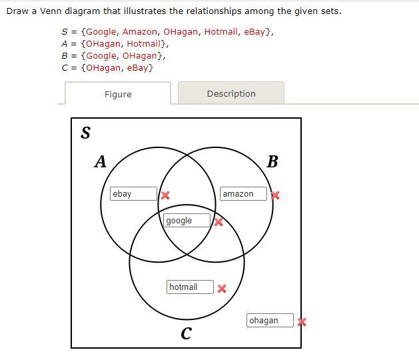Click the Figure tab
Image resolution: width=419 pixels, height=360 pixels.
click(118, 94)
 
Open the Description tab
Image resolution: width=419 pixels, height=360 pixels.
click(231, 93)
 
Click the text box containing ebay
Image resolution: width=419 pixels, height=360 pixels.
click(133, 194)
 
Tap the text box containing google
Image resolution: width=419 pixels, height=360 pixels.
click(187, 221)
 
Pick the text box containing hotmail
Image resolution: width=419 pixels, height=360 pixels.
click(191, 287)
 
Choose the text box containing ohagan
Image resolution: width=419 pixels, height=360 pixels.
click(270, 321)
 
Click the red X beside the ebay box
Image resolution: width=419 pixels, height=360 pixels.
click(165, 195)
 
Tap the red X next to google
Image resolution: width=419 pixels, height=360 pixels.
click(218, 222)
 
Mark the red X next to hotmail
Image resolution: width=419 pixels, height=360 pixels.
click(222, 289)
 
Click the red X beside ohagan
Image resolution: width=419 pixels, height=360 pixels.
click(302, 322)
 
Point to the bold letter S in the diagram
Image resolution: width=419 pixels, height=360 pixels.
click(85, 133)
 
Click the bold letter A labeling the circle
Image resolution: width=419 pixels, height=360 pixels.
click(101, 161)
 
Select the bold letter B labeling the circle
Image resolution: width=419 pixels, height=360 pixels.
click(272, 161)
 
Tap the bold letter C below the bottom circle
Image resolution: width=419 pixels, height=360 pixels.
click(186, 333)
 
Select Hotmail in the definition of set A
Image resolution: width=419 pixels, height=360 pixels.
click(144, 43)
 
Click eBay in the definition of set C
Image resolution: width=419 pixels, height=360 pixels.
click(138, 67)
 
